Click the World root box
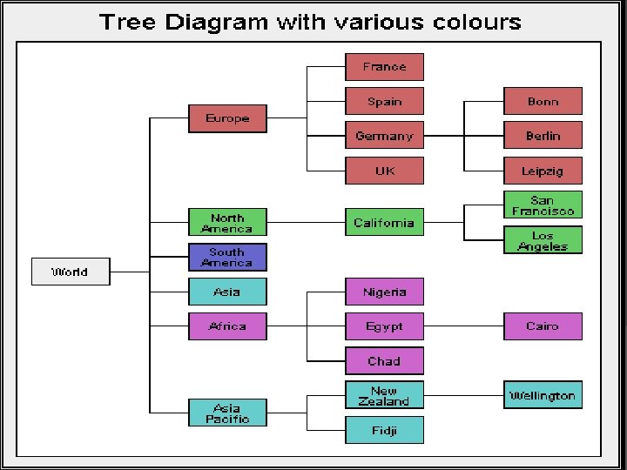coord(71,272)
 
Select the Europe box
coord(227,118)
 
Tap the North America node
coord(227,223)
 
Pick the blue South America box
coord(227,258)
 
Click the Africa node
coord(227,326)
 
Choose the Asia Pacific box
coord(227,413)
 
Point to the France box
coord(384,67)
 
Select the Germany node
coord(384,136)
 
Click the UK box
coord(384,171)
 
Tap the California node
coord(384,223)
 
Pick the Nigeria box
coord(384,292)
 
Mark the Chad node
coord(384,361)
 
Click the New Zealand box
coord(384,396)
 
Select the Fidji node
coord(384,430)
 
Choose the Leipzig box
coord(543,171)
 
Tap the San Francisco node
coord(543,205)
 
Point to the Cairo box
coord(543,326)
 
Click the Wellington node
coord(543,395)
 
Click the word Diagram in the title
coord(217,23)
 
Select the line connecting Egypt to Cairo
coord(463,326)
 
